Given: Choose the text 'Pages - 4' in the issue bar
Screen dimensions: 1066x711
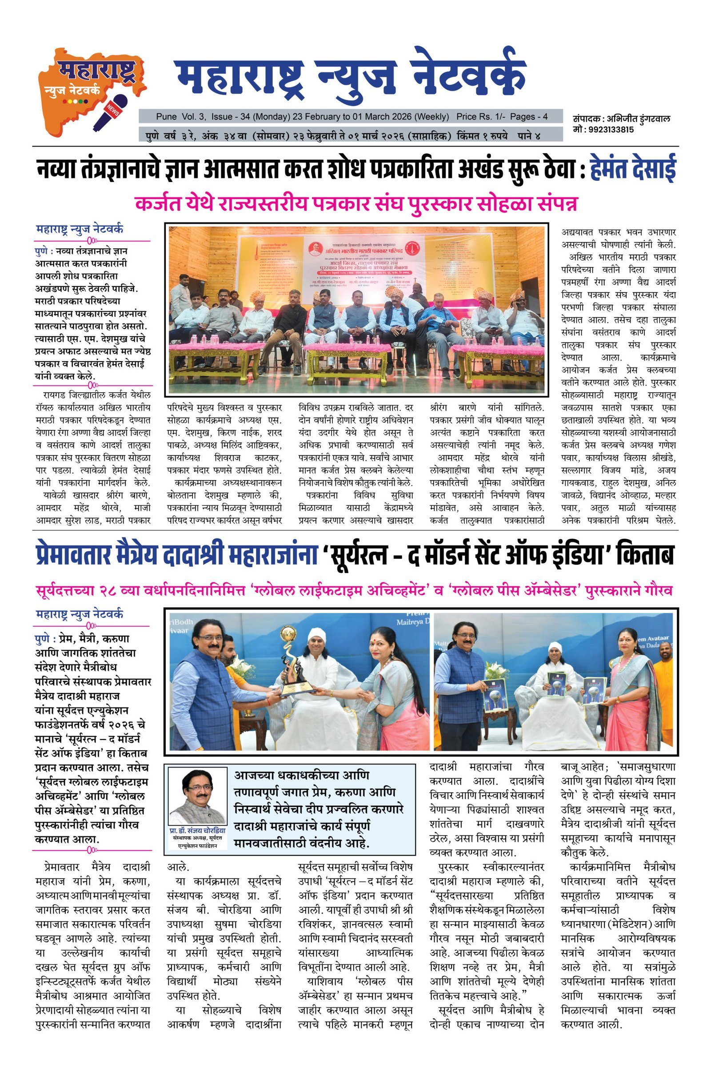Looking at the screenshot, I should tap(529, 116).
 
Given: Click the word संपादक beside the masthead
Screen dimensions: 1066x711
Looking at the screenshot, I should tap(586, 119).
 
